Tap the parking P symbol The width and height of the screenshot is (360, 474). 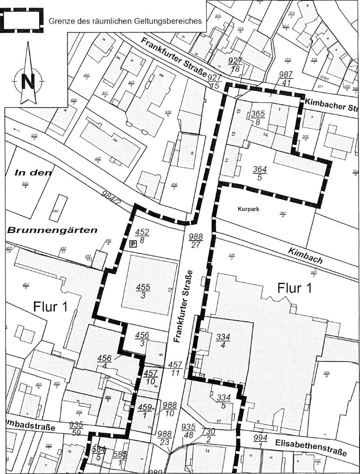point(133,244)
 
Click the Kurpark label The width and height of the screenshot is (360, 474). point(248,209)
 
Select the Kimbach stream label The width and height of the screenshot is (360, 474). point(306,256)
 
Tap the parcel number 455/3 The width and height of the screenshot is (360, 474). point(143,292)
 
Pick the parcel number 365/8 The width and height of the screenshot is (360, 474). point(257,118)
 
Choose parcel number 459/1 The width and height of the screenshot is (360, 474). point(144,411)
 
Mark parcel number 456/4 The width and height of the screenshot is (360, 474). point(106,361)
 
